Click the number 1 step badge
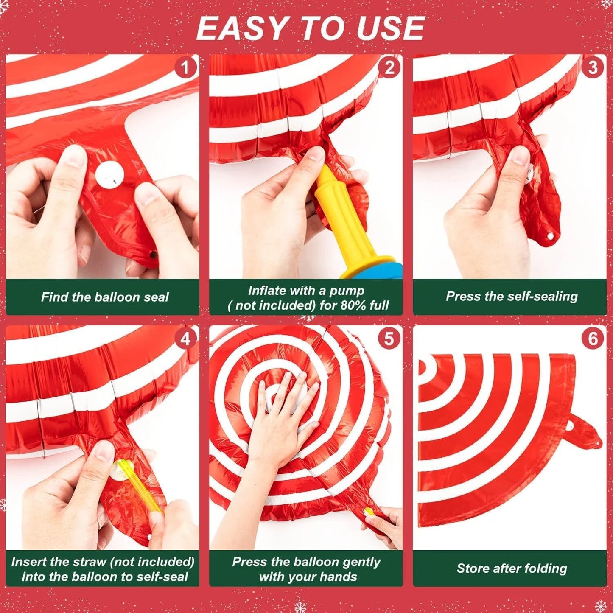pos(185,68)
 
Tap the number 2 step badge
pos(389,68)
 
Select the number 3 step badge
pos(593,68)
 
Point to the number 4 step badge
pos(185,339)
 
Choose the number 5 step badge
pos(389,339)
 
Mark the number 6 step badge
pos(593,339)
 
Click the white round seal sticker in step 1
pos(109,175)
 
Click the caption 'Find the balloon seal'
pos(104,297)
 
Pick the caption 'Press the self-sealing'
pos(512,296)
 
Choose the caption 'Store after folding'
pos(512,568)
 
